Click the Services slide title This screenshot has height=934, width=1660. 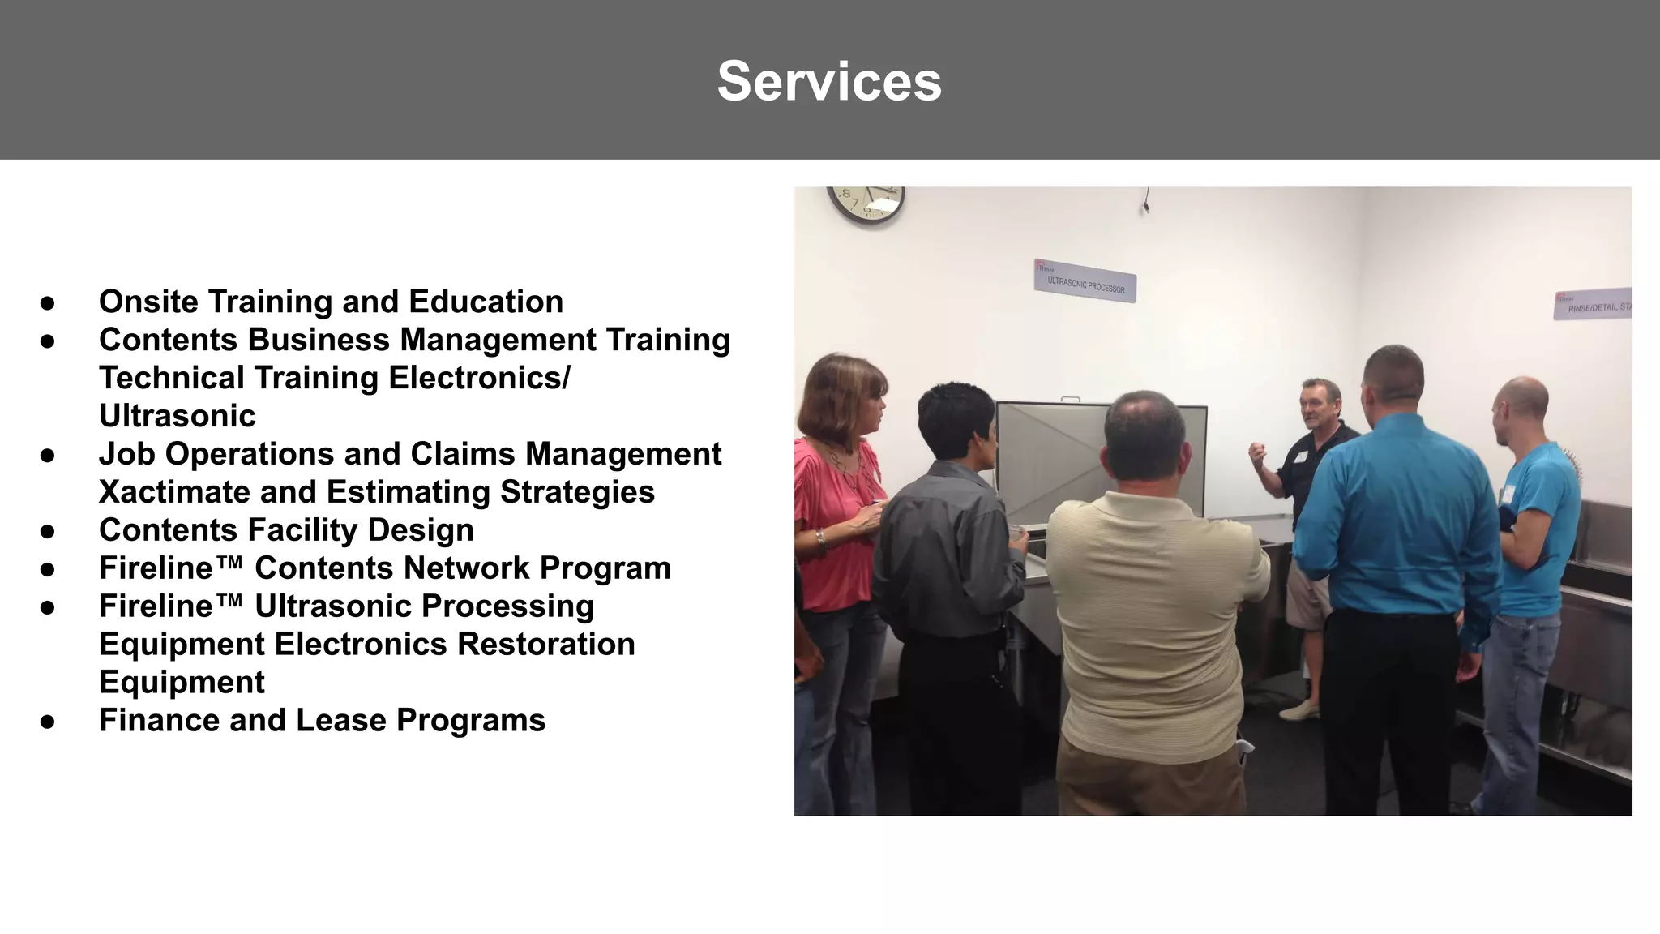(829, 81)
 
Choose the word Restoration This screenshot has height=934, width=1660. (545, 645)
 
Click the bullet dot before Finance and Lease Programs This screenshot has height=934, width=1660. (48, 722)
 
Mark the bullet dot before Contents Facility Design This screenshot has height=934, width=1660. (48, 532)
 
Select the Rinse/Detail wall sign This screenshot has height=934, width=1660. (1593, 304)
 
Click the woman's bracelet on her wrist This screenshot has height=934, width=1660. (822, 539)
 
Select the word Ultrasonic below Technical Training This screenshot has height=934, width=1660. (177, 416)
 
